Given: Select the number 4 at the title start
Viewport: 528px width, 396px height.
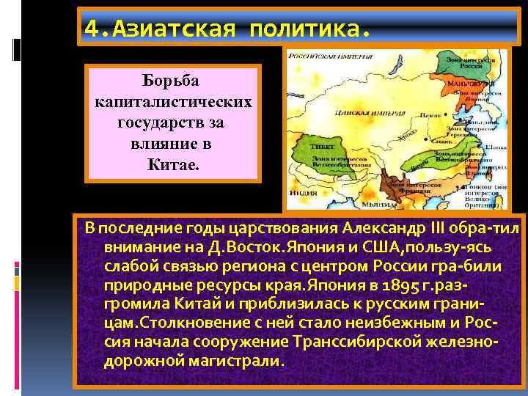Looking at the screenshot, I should coord(91,29).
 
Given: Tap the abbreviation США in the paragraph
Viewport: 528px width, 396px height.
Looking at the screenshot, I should coord(353,248).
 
